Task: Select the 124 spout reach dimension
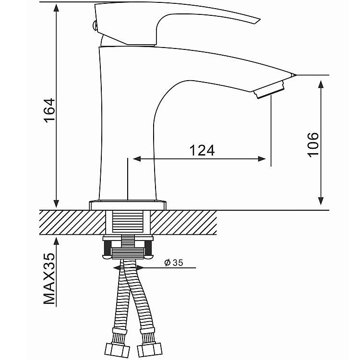(x=201, y=150)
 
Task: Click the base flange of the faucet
(x=128, y=205)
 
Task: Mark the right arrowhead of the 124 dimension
(x=262, y=159)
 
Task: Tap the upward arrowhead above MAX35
(x=57, y=241)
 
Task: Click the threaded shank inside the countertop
(x=128, y=223)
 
